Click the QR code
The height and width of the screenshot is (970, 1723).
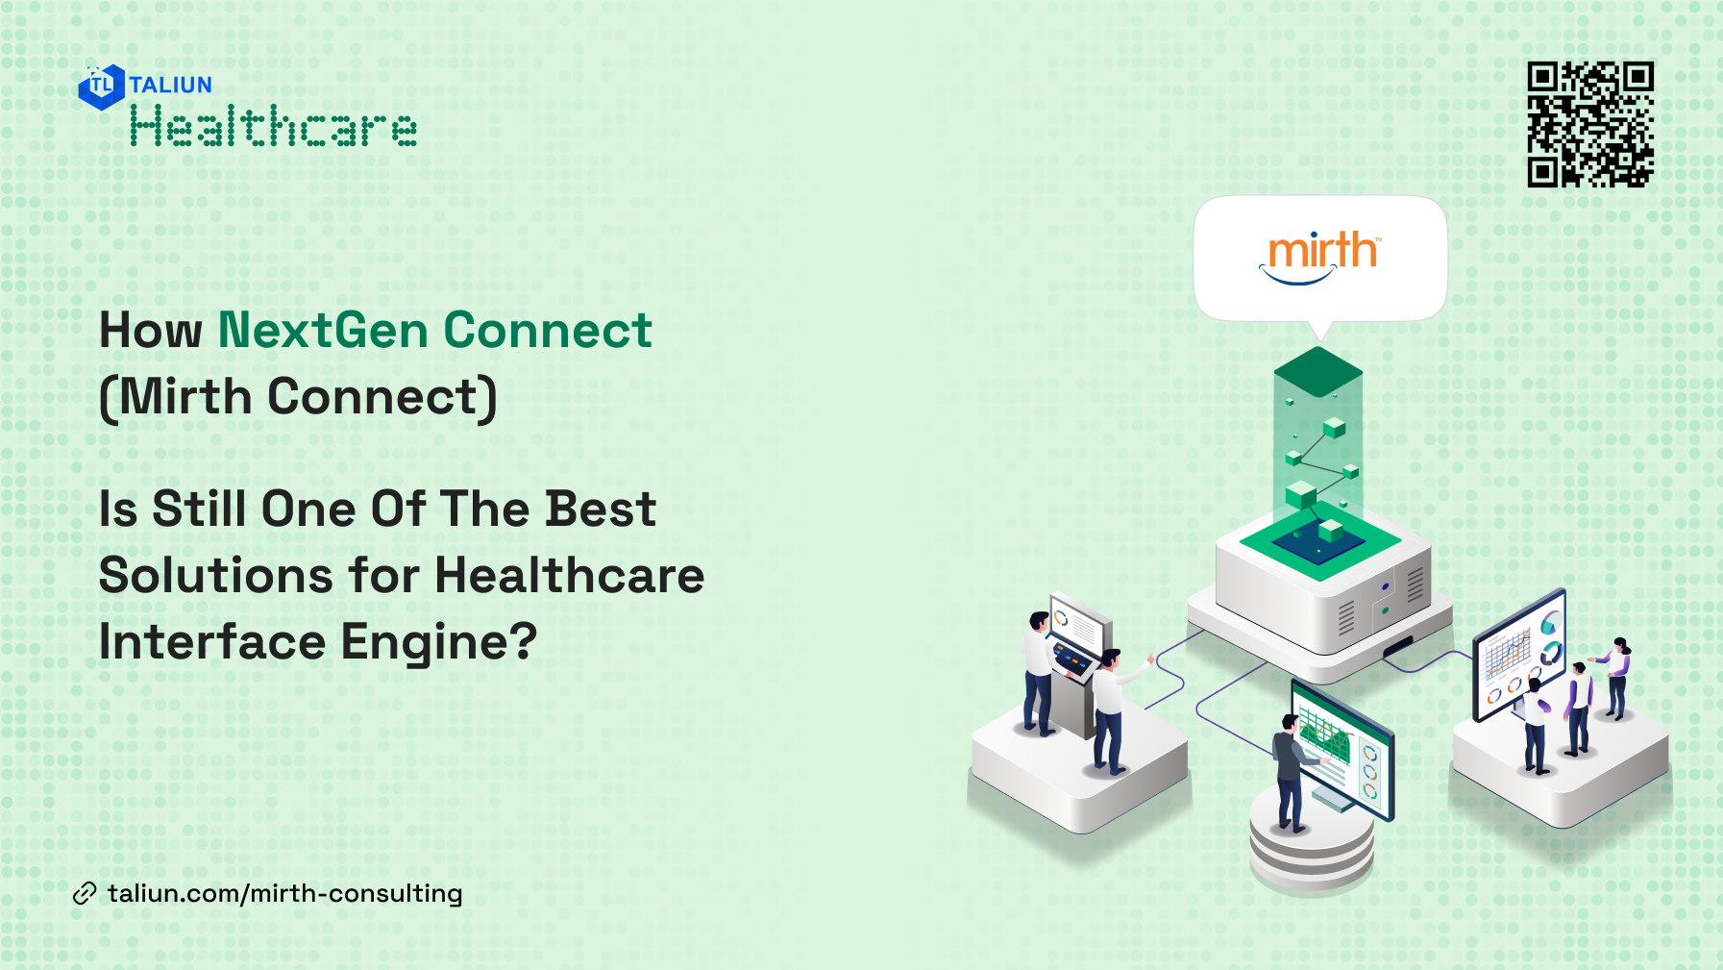coord(1590,124)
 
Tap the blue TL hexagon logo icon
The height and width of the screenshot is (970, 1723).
coord(101,87)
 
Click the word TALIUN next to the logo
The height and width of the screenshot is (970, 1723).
coord(170,85)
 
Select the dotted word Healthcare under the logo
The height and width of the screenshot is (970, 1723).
coord(274,127)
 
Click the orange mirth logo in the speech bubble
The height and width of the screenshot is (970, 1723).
coord(1321,254)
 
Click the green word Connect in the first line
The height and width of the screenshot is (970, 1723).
coord(547,331)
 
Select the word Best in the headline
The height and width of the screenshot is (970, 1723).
coord(600,509)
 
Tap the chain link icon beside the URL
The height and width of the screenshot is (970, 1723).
coord(85,894)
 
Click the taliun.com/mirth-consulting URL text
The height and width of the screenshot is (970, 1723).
coord(285,894)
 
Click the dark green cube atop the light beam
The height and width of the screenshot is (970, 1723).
coord(1317,370)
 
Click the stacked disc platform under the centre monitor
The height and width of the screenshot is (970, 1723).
coord(1311,846)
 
